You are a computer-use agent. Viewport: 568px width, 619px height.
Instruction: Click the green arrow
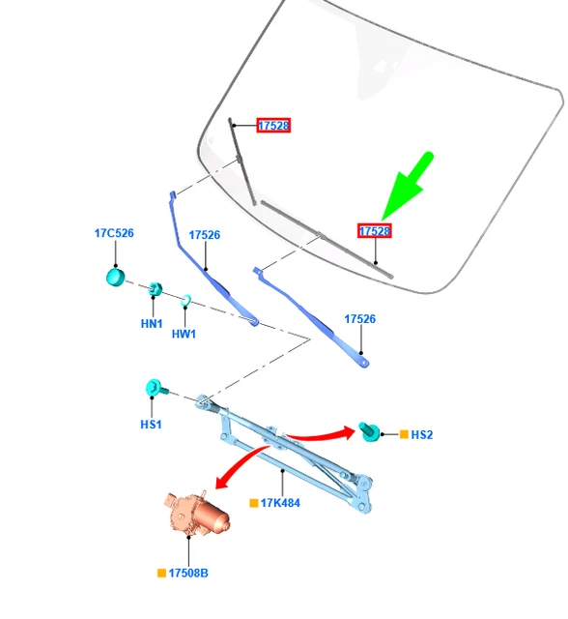(408, 185)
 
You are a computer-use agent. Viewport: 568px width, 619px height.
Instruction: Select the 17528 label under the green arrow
(375, 231)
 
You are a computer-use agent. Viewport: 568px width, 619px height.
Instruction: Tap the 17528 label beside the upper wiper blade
(273, 126)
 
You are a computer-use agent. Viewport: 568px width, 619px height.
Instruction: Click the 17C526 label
(114, 233)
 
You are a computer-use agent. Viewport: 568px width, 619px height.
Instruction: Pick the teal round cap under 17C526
(116, 278)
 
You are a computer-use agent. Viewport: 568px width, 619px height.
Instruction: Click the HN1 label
(152, 324)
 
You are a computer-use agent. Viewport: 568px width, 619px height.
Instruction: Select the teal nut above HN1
(155, 289)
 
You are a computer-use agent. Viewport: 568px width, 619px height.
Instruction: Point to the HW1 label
(184, 334)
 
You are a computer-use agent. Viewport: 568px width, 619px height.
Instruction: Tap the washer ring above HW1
(186, 301)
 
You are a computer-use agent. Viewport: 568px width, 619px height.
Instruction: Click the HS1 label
(151, 425)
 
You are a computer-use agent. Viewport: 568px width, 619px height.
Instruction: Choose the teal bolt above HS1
(156, 388)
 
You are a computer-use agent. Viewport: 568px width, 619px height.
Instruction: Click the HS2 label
(422, 434)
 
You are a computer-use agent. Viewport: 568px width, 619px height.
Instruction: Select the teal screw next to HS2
(369, 432)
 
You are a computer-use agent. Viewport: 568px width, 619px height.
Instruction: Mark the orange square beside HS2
(404, 434)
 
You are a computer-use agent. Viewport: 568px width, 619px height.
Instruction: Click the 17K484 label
(280, 503)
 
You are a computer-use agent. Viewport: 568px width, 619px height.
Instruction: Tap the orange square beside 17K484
(254, 503)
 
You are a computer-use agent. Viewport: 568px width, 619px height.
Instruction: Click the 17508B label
(188, 573)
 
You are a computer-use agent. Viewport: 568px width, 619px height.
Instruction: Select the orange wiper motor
(196, 514)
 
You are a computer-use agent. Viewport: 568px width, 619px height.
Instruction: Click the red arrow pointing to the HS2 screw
(322, 436)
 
